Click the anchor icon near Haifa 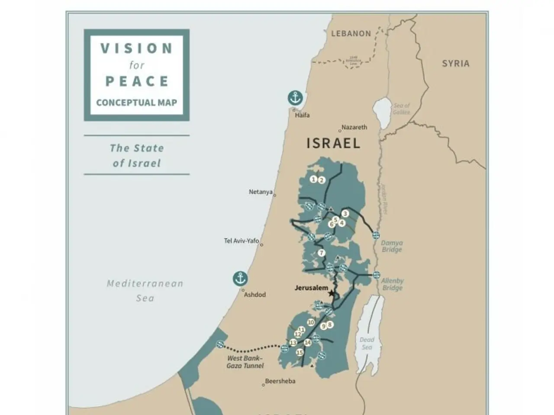click(295, 98)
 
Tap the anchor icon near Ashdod click(240, 278)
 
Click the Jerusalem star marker click(332, 294)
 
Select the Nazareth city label click(354, 127)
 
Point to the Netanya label click(261, 192)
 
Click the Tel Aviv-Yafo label click(241, 241)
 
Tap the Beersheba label click(280, 381)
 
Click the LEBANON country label click(351, 34)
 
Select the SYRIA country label click(455, 64)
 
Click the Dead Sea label click(367, 344)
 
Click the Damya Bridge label click(392, 246)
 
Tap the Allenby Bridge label click(393, 284)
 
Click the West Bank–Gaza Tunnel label click(245, 362)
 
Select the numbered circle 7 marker click(321, 253)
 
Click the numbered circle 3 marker click(345, 214)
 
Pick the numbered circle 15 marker click(300, 353)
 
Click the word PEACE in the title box click(137, 81)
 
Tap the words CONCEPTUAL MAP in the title click(137, 103)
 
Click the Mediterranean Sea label click(145, 290)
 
